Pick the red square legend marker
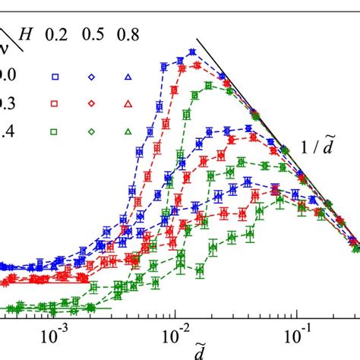55,103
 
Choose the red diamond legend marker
90,103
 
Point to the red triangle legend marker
128,103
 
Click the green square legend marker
55,131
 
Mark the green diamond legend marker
90,131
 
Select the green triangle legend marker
128,131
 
